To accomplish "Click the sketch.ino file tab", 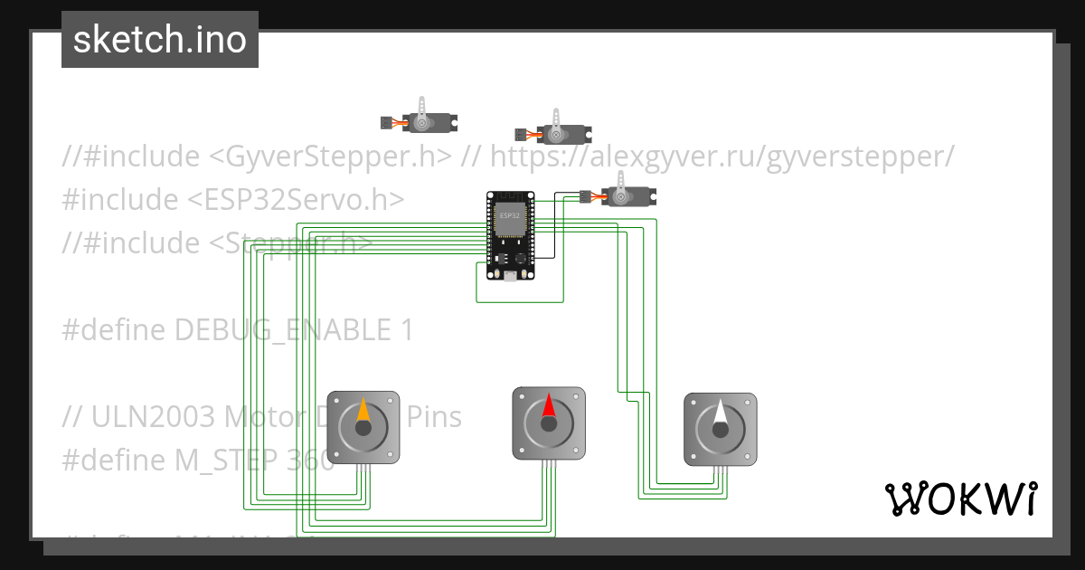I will click(159, 40).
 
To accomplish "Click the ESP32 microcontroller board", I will click(510, 235).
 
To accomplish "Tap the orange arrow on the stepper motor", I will click(363, 411).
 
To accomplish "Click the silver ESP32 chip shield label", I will click(510, 216).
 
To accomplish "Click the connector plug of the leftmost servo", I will click(385, 121).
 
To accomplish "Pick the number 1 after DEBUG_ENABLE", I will click(406, 330).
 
